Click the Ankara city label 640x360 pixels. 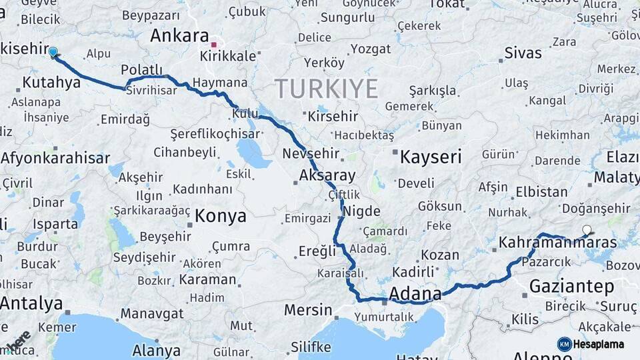pyautogui.click(x=179, y=35)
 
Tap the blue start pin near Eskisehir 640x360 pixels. pyautogui.click(x=53, y=51)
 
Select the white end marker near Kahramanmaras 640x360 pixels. pyautogui.click(x=587, y=231)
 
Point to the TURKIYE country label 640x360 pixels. pyautogui.click(x=326, y=88)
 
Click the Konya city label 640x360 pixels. pyautogui.click(x=220, y=216)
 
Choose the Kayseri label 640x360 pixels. pyautogui.click(x=430, y=157)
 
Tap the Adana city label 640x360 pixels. pyautogui.click(x=415, y=293)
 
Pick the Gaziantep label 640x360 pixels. pyautogui.click(x=571, y=287)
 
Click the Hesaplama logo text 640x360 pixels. pyautogui.click(x=599, y=344)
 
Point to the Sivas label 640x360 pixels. pyautogui.click(x=523, y=53)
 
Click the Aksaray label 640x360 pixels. pyautogui.click(x=327, y=176)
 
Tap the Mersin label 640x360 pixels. pyautogui.click(x=307, y=310)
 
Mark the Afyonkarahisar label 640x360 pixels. pyautogui.click(x=55, y=159)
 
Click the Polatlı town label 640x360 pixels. pyautogui.click(x=141, y=70)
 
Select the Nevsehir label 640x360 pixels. pyautogui.click(x=311, y=153)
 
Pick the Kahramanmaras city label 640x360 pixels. pyautogui.click(x=558, y=242)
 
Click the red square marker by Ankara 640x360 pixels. pyautogui.click(x=214, y=45)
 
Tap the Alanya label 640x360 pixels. pyautogui.click(x=156, y=350)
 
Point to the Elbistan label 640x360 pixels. pyautogui.click(x=542, y=192)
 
